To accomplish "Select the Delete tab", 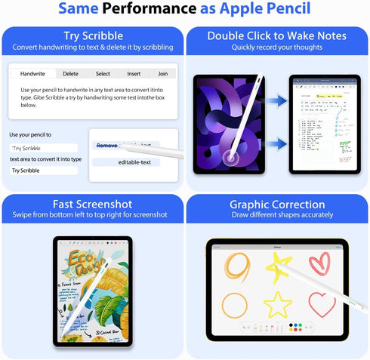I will [70, 74].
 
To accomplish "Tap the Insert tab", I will [134, 74].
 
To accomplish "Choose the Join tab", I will [162, 74].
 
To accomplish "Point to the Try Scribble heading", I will [93, 36].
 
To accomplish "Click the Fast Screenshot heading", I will [93, 204].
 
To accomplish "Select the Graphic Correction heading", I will [276, 204].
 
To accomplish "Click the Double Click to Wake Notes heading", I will [276, 36].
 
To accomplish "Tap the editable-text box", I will [134, 162].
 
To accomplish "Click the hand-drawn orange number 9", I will [236, 266].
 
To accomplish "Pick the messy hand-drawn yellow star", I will [278, 265].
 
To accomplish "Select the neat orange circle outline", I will [235, 304].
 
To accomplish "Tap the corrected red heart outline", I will [322, 304].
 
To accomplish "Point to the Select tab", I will [103, 74].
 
